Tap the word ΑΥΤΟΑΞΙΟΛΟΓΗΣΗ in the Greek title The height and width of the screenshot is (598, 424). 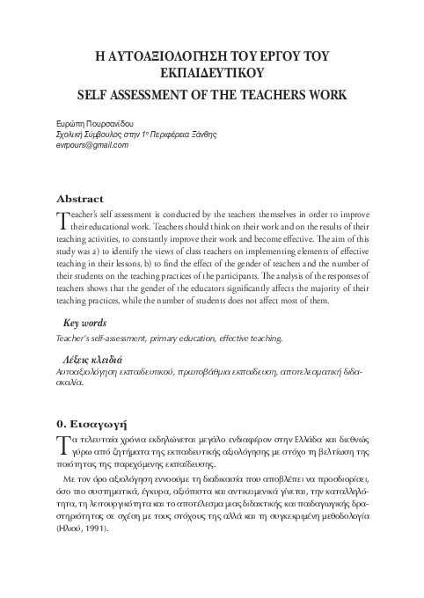coord(177,55)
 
